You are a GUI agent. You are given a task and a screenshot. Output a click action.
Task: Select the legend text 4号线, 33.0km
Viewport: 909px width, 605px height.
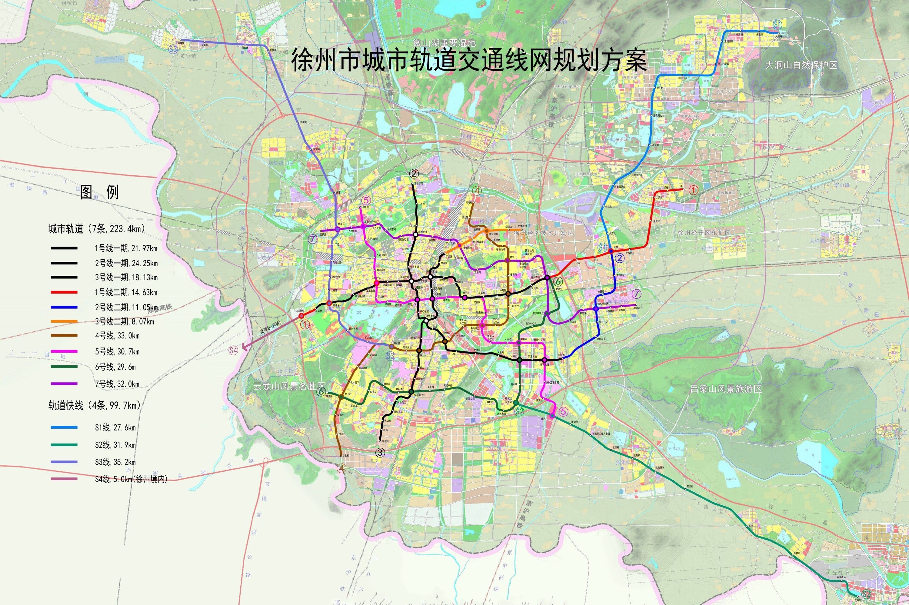[117, 336]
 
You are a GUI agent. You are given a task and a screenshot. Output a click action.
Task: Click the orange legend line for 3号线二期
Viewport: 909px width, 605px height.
[64, 321]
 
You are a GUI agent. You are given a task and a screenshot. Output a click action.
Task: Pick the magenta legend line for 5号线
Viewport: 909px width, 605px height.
[64, 351]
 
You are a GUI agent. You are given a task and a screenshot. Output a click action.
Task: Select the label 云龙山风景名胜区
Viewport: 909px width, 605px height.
[290, 387]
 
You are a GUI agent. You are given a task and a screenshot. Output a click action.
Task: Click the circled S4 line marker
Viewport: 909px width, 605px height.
[233, 350]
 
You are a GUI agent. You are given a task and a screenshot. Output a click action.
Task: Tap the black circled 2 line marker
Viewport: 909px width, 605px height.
[415, 174]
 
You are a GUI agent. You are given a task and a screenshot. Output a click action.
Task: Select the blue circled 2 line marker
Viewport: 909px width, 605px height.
[620, 258]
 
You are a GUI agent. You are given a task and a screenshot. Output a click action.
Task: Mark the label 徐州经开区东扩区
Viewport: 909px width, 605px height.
[704, 233]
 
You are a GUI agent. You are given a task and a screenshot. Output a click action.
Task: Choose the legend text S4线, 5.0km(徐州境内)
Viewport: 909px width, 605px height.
[131, 479]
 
